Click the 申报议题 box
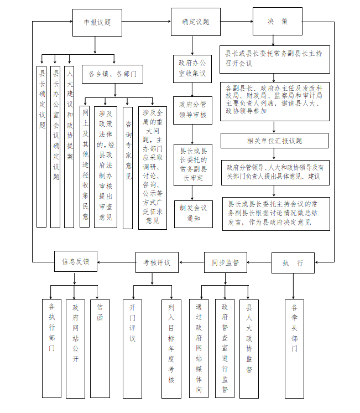tap(97, 23)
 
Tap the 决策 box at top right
tap(278, 22)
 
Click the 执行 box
tap(293, 263)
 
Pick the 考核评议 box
tap(156, 262)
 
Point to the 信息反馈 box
tap(76, 261)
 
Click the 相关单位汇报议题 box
tap(275, 141)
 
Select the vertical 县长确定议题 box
tap(42, 146)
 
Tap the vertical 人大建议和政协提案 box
tap(69, 146)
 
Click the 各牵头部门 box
tap(294, 348)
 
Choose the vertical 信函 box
tap(100, 348)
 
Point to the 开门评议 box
tap(132, 348)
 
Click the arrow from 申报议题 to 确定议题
tap(147, 22)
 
